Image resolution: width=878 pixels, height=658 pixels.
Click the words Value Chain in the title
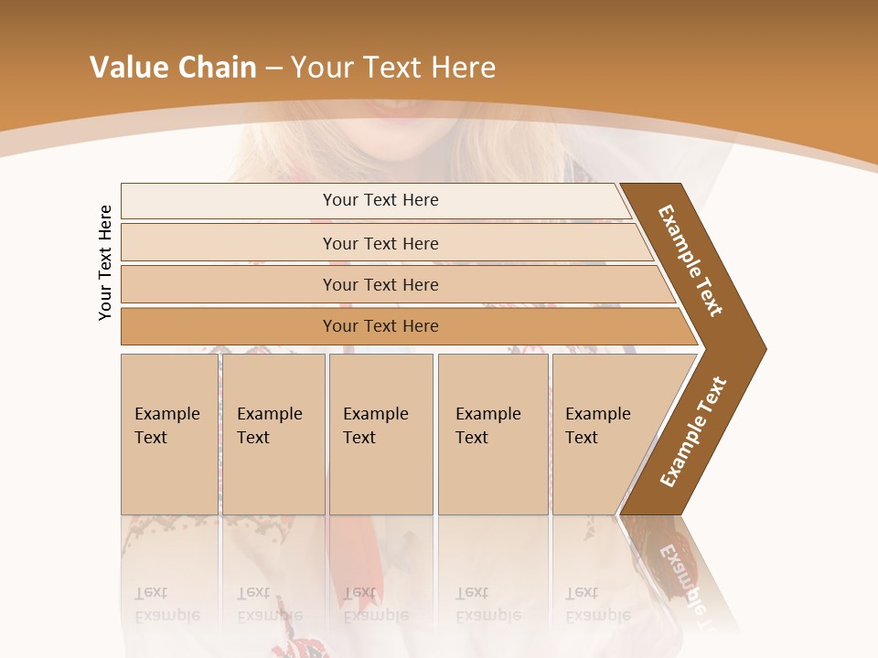point(173,68)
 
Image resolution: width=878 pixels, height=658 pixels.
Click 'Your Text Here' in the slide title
point(392,68)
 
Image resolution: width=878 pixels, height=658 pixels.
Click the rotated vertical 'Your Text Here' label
point(105,262)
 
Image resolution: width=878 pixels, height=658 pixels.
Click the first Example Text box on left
point(169,433)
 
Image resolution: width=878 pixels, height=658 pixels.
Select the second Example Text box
point(273,433)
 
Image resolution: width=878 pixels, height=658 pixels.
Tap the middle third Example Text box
point(380,433)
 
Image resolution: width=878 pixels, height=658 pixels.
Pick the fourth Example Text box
point(493,433)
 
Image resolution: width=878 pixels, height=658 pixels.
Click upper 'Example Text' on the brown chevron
point(691,260)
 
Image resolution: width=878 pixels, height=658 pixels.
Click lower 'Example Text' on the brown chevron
point(693,431)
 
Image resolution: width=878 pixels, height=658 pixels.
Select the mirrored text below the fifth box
point(597,603)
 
